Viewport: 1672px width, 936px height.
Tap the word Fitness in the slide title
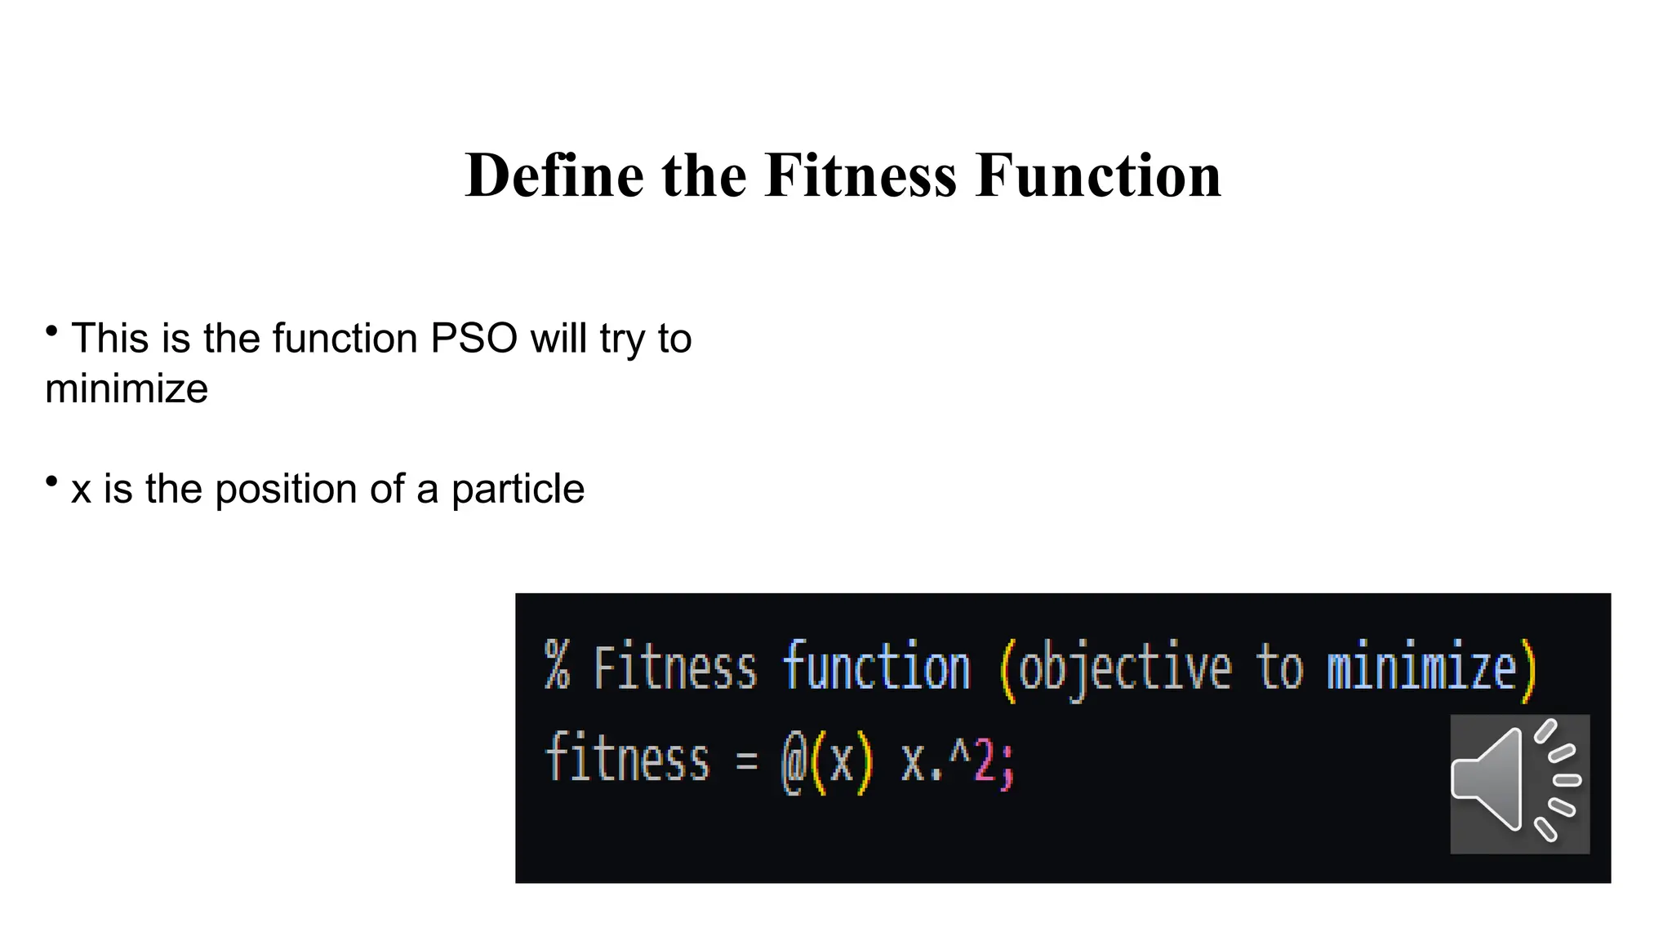[x=860, y=175]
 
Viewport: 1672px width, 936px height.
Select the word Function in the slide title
[x=1098, y=175]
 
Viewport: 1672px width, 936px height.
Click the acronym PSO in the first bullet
[x=474, y=338]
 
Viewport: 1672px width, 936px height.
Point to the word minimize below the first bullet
[x=127, y=388]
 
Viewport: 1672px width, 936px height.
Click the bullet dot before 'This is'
[x=51, y=330]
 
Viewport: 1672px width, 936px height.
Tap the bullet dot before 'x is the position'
[x=51, y=481]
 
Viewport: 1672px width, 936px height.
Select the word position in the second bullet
[x=286, y=490]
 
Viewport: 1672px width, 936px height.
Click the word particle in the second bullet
[x=518, y=490]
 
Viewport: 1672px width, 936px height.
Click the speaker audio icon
[x=1519, y=783]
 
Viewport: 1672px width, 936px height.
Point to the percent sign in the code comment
[x=557, y=666]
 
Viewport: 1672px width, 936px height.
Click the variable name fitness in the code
[x=627, y=759]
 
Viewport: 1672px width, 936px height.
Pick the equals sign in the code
[x=746, y=761]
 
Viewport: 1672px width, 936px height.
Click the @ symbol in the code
[x=794, y=761]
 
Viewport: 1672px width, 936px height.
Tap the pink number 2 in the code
[x=985, y=759]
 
